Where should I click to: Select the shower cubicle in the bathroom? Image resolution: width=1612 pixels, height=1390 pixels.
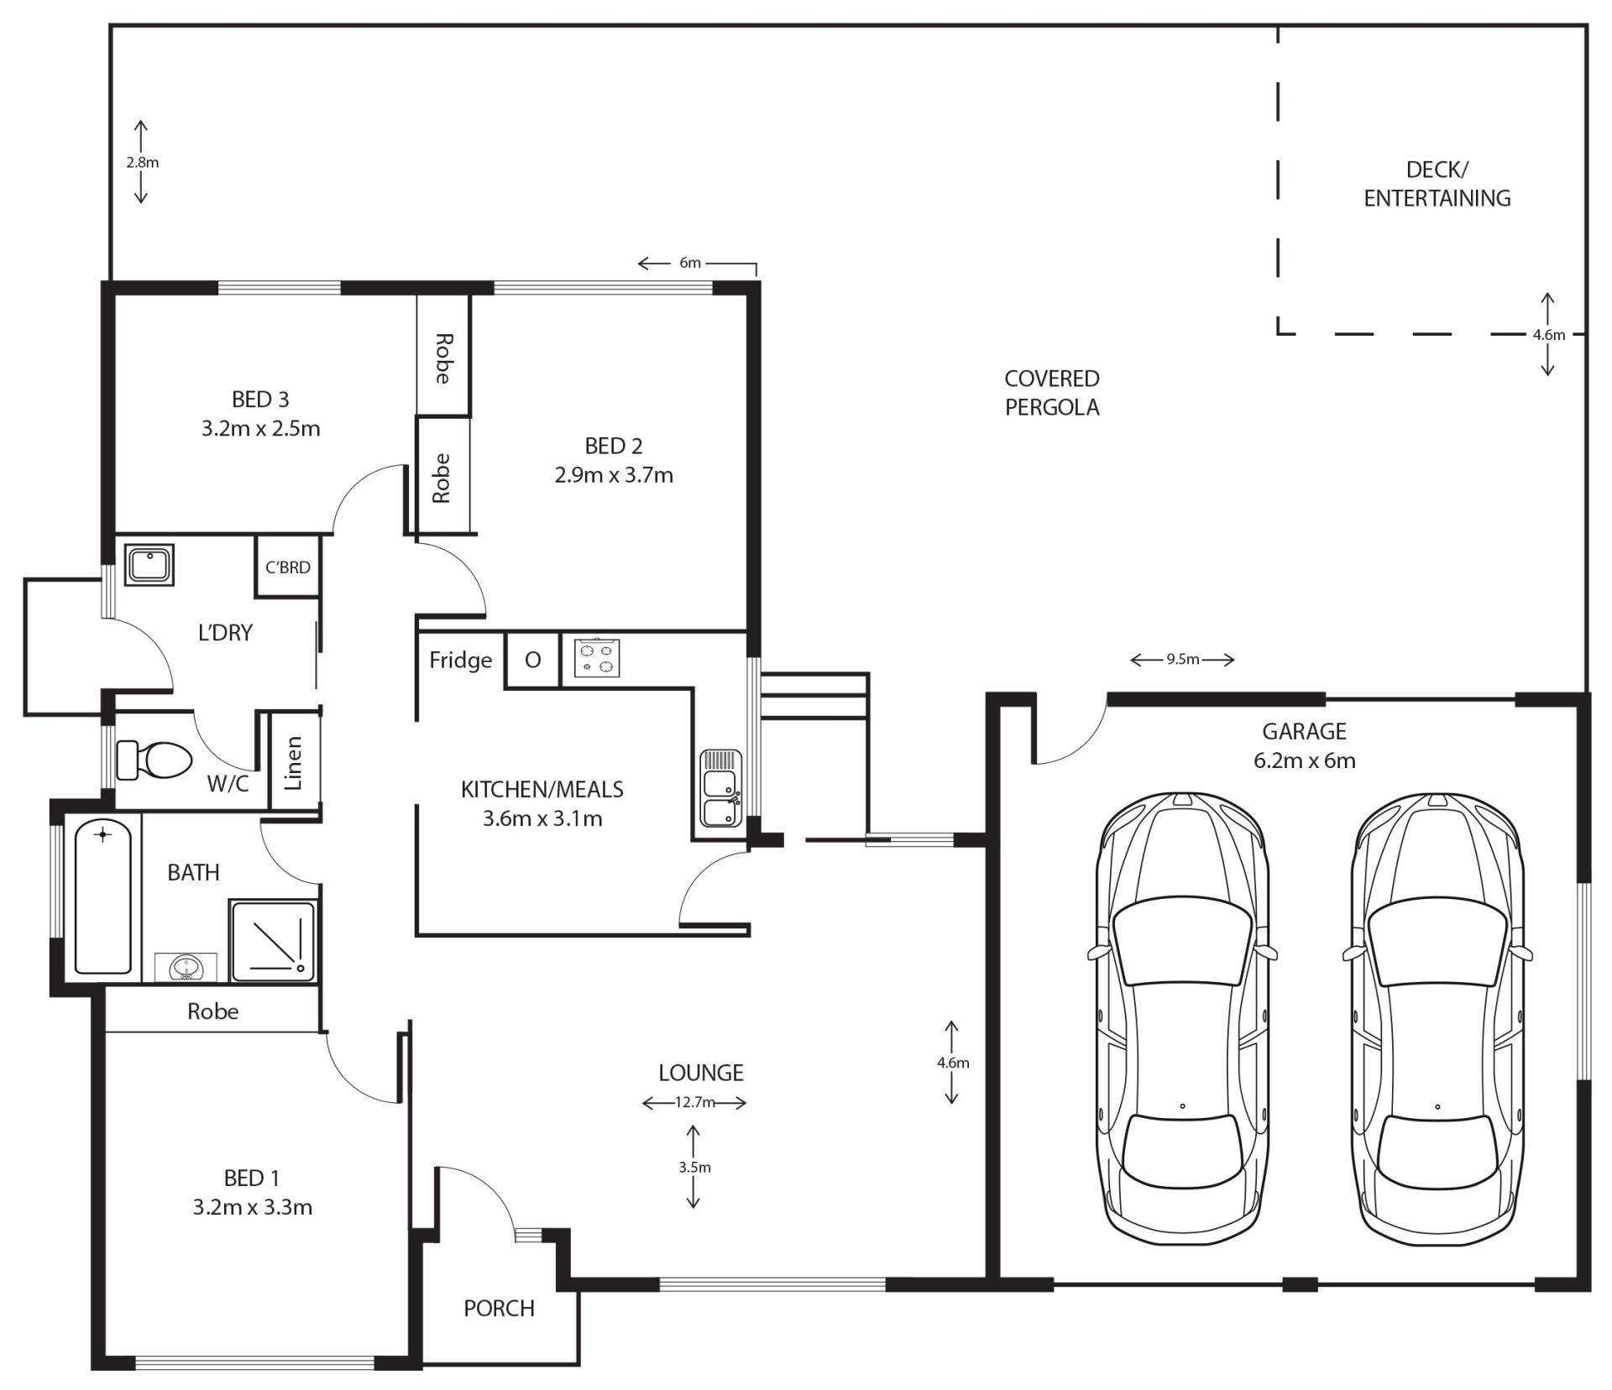pyautogui.click(x=273, y=942)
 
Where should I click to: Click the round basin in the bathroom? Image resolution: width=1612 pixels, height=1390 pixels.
pyautogui.click(x=186, y=968)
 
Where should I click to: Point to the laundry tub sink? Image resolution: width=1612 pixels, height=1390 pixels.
pyautogui.click(x=149, y=565)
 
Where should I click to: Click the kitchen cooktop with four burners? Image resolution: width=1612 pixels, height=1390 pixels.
pyautogui.click(x=597, y=658)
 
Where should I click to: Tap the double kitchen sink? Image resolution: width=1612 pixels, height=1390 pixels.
pyautogui.click(x=721, y=788)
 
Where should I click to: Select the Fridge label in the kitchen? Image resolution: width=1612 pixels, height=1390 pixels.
pyautogui.click(x=461, y=661)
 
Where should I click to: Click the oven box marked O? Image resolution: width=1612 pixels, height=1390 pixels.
pyautogui.click(x=533, y=661)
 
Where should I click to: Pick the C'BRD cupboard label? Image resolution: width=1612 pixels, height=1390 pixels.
pyautogui.click(x=288, y=567)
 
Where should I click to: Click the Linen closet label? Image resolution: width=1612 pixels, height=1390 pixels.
pyautogui.click(x=293, y=763)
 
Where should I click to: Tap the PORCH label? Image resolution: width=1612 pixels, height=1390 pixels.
pyautogui.click(x=499, y=1308)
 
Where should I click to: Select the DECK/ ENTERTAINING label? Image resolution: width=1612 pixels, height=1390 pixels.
pyautogui.click(x=1437, y=184)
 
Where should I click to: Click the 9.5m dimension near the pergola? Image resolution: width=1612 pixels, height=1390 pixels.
pyautogui.click(x=1182, y=660)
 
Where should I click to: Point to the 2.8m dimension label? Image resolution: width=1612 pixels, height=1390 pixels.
pyautogui.click(x=142, y=163)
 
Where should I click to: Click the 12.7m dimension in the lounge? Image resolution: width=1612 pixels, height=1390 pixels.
pyautogui.click(x=694, y=1102)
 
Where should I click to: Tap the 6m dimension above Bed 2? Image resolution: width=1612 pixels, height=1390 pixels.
pyautogui.click(x=690, y=263)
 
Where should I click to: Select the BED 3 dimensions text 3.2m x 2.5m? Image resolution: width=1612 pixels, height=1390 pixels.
pyautogui.click(x=260, y=428)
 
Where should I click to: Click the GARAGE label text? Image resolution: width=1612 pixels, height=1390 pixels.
pyautogui.click(x=1304, y=731)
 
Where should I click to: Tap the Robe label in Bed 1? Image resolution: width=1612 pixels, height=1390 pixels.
pyautogui.click(x=212, y=1011)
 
